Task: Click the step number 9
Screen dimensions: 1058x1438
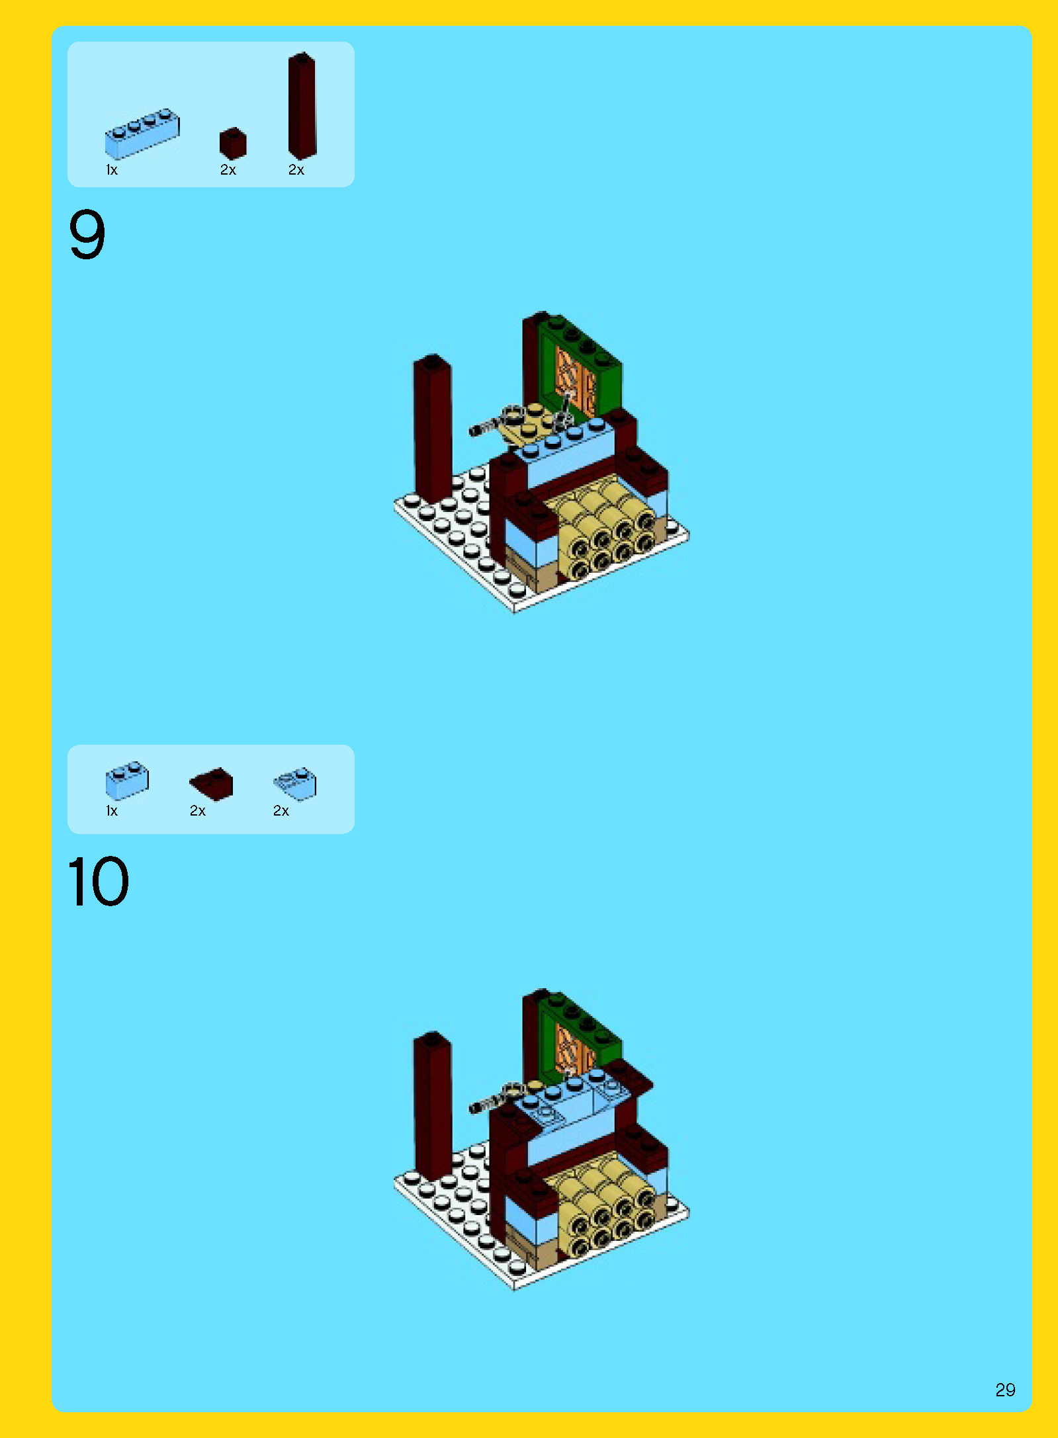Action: click(x=87, y=234)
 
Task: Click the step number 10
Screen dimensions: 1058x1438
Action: click(x=99, y=881)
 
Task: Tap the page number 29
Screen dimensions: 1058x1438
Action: click(x=1005, y=1390)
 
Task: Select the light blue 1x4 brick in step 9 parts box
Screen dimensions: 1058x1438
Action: click(x=142, y=134)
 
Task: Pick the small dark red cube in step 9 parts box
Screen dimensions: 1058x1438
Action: click(x=233, y=143)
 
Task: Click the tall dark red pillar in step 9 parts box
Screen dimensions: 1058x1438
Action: click(x=302, y=106)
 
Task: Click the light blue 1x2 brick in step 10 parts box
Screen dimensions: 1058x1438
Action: click(x=127, y=781)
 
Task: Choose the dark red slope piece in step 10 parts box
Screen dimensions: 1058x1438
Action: click(x=212, y=784)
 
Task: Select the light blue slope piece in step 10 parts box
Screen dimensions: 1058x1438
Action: click(x=295, y=784)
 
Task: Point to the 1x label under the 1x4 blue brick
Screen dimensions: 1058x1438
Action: click(x=112, y=170)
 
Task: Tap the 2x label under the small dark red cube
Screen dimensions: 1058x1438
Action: click(x=228, y=170)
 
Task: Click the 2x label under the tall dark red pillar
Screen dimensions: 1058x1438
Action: click(x=296, y=170)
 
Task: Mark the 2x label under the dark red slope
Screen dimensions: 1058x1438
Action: click(x=198, y=811)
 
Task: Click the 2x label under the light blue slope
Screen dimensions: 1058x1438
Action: click(x=281, y=811)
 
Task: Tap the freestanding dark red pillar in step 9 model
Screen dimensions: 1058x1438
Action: click(x=433, y=430)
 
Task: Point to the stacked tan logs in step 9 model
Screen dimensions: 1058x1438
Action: click(x=605, y=529)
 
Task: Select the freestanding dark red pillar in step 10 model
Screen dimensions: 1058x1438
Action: click(x=433, y=1108)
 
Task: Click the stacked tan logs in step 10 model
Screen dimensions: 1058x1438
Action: click(x=605, y=1207)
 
